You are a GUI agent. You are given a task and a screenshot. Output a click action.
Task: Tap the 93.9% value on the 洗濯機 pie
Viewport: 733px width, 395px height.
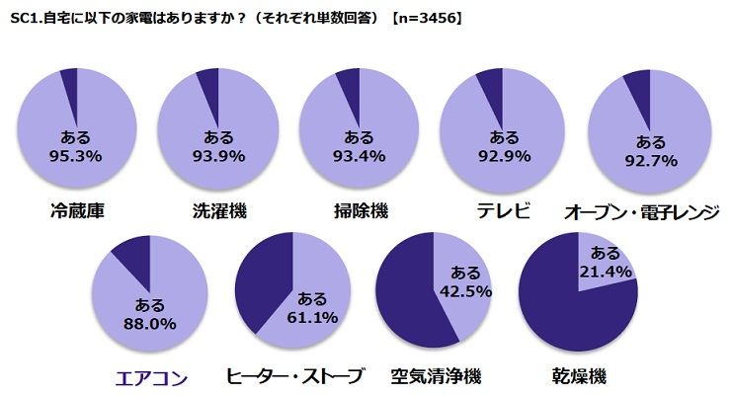click(218, 155)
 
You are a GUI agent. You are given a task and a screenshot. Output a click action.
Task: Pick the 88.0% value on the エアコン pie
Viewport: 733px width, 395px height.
click(149, 323)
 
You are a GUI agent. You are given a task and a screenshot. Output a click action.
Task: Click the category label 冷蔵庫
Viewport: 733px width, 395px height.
click(75, 210)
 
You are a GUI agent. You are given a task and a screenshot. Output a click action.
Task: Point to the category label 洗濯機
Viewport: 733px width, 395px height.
click(218, 210)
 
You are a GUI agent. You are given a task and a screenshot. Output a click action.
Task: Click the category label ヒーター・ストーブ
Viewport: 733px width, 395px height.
click(295, 376)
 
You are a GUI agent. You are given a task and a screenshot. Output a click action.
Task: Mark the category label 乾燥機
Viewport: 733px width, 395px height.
click(578, 376)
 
